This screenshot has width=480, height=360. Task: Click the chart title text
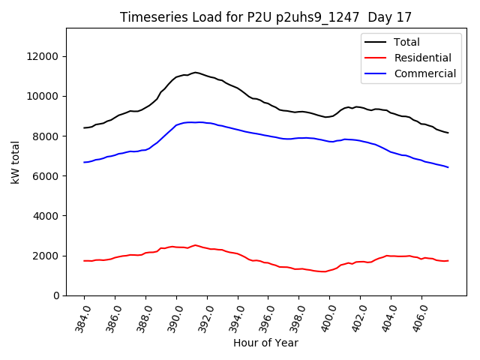(266, 17)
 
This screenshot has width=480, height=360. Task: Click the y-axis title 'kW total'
(16, 162)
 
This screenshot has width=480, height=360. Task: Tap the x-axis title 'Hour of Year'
(265, 343)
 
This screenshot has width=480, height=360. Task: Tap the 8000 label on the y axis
(47, 136)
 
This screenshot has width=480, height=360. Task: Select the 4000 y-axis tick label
(47, 216)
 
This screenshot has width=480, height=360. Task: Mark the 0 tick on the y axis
(57, 295)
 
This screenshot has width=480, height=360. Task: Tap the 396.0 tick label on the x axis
(263, 317)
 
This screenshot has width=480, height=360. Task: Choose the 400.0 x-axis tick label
(325, 317)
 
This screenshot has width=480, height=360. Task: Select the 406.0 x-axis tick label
(417, 317)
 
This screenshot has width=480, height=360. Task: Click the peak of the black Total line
(195, 73)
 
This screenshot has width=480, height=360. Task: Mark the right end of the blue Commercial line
(448, 167)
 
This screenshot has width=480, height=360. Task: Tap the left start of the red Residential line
(85, 261)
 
